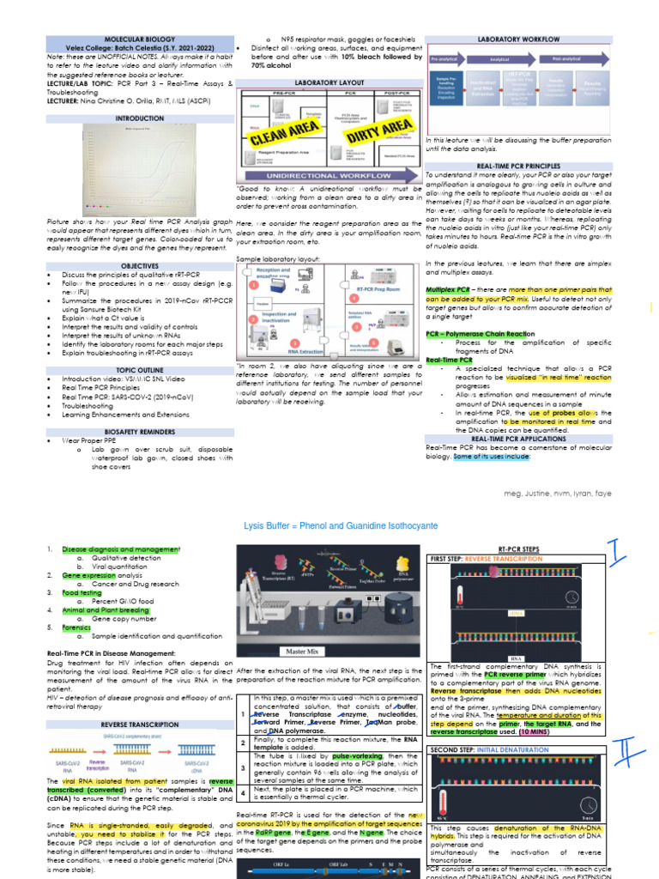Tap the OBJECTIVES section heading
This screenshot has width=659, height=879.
click(x=139, y=266)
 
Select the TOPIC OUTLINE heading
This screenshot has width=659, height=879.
click(x=139, y=370)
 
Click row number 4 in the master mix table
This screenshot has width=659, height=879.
click(x=244, y=794)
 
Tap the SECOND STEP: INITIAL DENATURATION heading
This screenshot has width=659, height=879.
click(x=483, y=749)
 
